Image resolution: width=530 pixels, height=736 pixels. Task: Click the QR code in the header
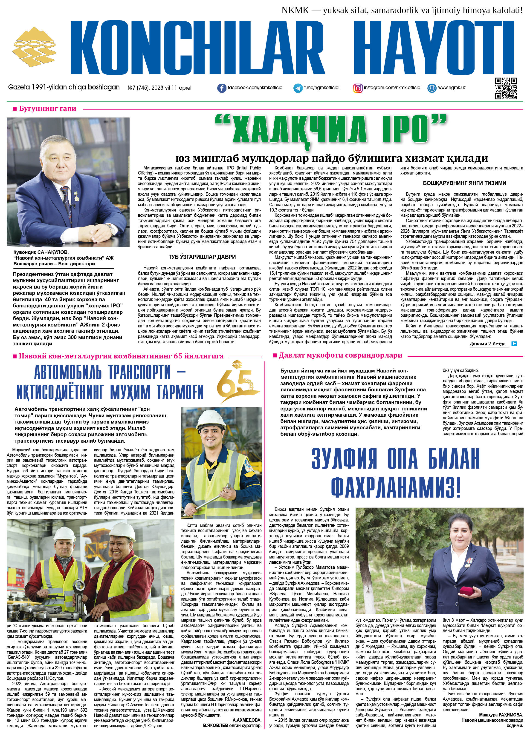pos(506,88)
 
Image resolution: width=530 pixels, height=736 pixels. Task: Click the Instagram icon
pos(358,88)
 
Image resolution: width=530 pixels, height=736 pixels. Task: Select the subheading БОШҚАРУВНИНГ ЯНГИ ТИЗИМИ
pos(464,183)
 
